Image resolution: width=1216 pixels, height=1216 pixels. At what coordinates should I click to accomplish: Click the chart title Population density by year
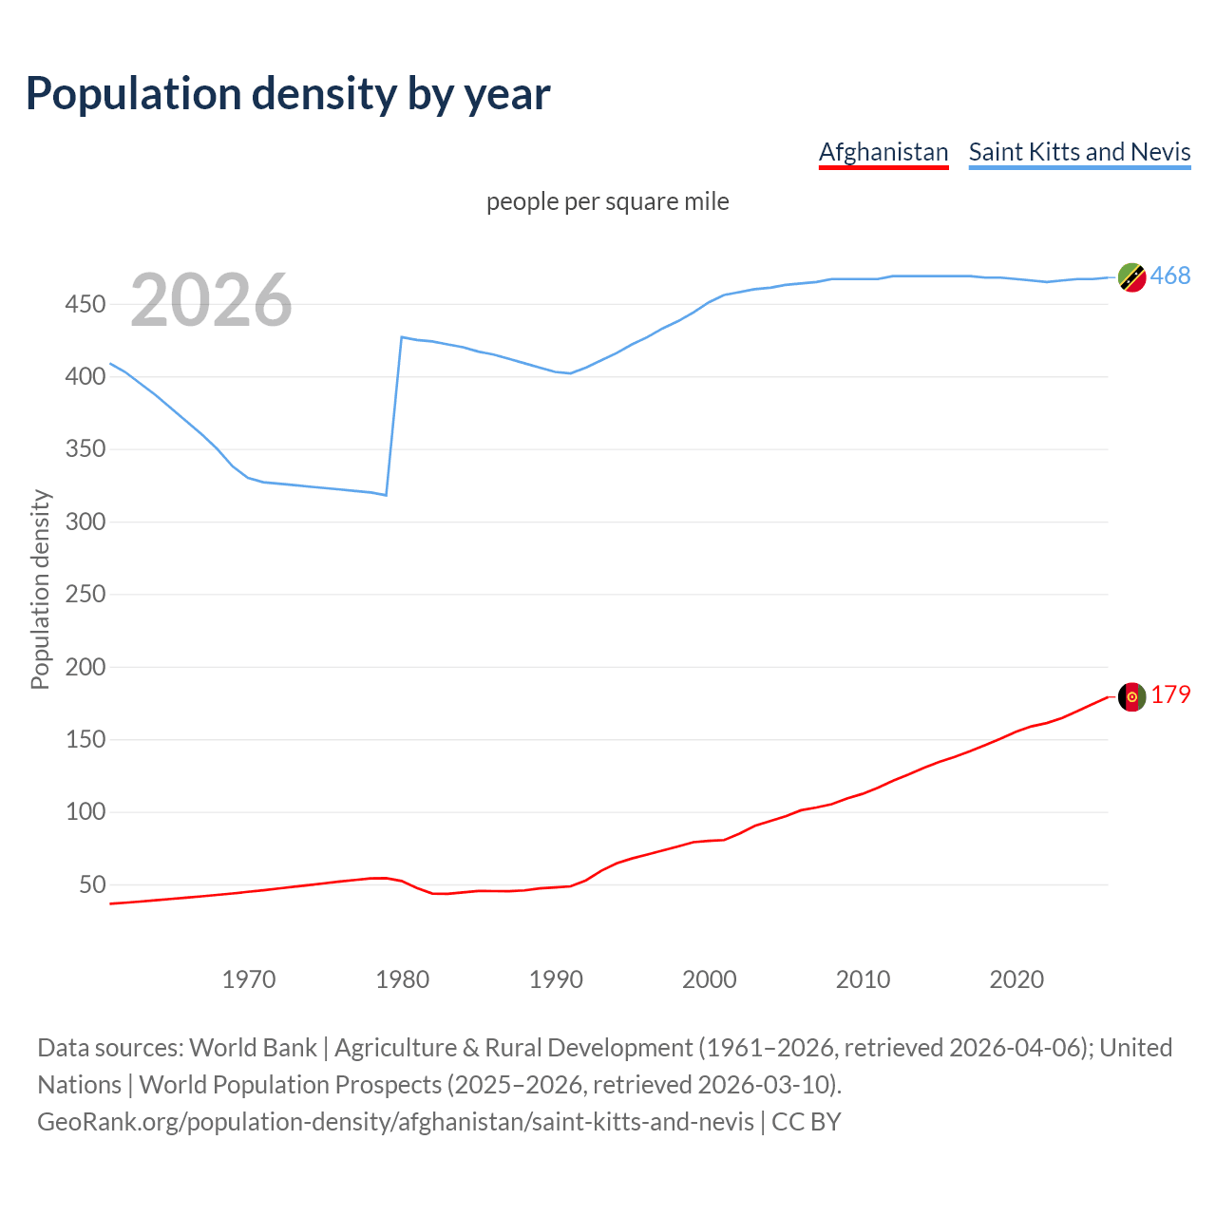(288, 94)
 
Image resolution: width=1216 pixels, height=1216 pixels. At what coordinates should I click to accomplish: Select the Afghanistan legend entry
(883, 152)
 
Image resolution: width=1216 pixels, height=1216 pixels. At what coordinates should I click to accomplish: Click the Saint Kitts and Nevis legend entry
(1079, 152)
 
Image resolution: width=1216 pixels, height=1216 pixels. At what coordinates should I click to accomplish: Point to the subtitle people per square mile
(608, 201)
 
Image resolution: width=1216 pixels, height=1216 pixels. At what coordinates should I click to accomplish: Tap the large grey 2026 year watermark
(211, 300)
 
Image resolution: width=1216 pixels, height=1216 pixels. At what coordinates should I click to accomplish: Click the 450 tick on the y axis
(85, 304)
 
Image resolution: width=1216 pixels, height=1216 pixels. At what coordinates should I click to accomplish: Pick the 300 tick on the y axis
(85, 522)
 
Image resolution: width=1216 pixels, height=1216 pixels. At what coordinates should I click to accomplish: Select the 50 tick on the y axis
(91, 884)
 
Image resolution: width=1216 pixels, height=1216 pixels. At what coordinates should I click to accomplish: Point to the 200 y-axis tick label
(85, 667)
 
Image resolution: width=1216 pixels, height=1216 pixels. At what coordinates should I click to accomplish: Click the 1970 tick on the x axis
(249, 979)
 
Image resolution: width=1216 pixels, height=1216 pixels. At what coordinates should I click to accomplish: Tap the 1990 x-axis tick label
(556, 979)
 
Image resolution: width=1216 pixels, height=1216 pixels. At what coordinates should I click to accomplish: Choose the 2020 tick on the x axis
(1016, 979)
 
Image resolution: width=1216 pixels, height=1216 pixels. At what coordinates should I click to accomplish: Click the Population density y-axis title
(40, 589)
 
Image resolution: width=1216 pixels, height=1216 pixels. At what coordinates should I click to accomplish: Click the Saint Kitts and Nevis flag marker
(1131, 277)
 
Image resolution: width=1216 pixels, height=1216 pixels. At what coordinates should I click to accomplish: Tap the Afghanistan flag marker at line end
(1131, 696)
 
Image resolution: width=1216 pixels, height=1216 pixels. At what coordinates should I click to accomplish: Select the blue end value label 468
(1170, 275)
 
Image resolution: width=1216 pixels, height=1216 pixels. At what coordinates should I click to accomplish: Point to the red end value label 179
(1170, 694)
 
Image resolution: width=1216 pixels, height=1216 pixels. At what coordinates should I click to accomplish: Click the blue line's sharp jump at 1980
(394, 416)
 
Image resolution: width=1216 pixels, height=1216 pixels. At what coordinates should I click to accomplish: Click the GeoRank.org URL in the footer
(395, 1122)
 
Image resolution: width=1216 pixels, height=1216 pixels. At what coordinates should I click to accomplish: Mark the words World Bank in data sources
(253, 1048)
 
